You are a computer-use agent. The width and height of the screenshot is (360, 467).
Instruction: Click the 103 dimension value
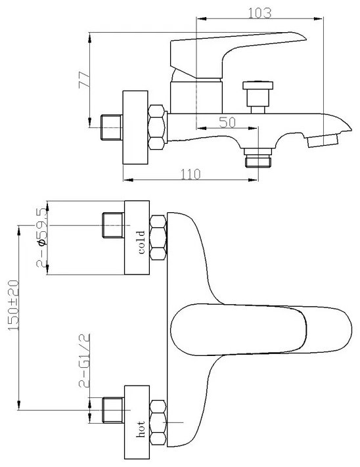[x=259, y=13]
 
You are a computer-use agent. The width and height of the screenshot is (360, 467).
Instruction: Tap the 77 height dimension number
[x=84, y=79]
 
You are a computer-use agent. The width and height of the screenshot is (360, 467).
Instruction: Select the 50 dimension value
[x=227, y=122]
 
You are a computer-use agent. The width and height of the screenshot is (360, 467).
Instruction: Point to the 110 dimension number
[x=191, y=174]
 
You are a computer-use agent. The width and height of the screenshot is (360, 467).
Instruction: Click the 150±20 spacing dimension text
[x=13, y=305]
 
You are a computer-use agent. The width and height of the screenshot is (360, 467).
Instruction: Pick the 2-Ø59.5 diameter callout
[x=41, y=237]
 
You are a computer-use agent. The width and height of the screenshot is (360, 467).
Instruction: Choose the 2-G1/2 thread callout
[x=84, y=361]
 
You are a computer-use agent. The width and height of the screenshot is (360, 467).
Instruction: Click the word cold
[x=142, y=242]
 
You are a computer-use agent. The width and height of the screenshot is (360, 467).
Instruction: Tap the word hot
[x=141, y=429]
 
